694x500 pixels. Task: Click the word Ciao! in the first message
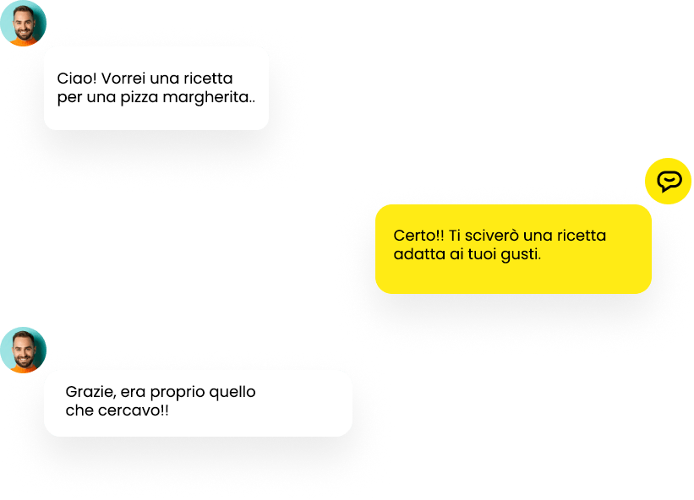[x=77, y=79]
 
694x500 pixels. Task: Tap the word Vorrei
[x=123, y=79]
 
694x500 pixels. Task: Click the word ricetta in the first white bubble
[x=208, y=79]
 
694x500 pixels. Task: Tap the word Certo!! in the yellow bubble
[x=418, y=235]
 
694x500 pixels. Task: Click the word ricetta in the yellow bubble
[x=582, y=235]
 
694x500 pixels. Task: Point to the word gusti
[x=521, y=255]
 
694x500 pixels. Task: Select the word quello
[x=232, y=393]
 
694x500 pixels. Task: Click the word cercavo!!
[x=134, y=410]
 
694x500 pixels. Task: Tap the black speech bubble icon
[x=669, y=182]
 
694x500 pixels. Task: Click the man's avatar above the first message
[x=23, y=23]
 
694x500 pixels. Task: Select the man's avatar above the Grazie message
[x=23, y=350]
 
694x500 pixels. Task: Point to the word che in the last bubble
[x=79, y=410]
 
